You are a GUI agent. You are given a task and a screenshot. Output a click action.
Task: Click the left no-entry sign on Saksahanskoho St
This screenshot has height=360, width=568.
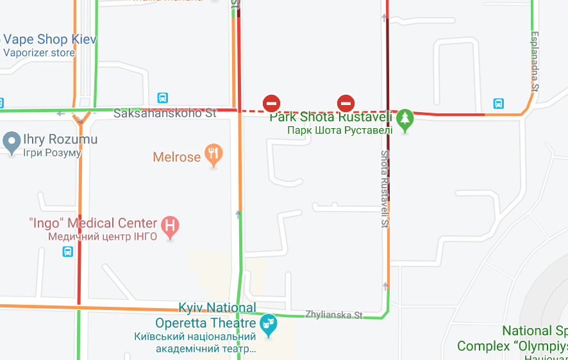271,102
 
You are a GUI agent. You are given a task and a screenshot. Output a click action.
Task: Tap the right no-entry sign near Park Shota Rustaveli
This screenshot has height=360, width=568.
346,102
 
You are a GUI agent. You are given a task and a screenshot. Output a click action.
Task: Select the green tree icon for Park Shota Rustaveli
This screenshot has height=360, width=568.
405,119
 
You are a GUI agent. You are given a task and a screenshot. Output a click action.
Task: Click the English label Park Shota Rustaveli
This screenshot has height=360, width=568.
330,117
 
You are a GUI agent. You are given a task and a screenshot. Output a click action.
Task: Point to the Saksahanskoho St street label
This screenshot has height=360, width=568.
165,113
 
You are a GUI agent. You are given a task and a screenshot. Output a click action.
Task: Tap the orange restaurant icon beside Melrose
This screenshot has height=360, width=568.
213,154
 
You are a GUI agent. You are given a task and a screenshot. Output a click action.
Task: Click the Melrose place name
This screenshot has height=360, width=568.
176,157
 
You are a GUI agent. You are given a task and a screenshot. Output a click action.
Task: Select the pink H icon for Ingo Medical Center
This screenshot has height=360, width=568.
170,225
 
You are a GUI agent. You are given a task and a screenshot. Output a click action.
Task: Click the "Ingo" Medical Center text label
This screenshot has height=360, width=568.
93,223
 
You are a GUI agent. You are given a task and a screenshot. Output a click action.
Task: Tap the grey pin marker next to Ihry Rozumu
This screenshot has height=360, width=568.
12,142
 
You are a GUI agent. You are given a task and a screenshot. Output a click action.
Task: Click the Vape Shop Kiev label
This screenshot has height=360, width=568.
50,40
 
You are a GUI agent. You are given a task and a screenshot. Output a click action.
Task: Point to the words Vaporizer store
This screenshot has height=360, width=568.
39,53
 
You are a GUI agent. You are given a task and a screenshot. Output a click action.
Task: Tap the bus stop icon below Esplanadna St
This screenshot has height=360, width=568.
498,103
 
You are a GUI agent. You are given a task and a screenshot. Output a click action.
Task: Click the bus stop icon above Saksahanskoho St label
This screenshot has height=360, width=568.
163,98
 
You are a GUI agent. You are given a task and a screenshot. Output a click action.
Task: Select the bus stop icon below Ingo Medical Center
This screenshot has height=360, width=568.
68,252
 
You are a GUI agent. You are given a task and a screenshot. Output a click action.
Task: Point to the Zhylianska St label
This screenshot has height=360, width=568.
333,315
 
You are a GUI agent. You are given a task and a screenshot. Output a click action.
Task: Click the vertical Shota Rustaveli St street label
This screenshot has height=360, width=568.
385,189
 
